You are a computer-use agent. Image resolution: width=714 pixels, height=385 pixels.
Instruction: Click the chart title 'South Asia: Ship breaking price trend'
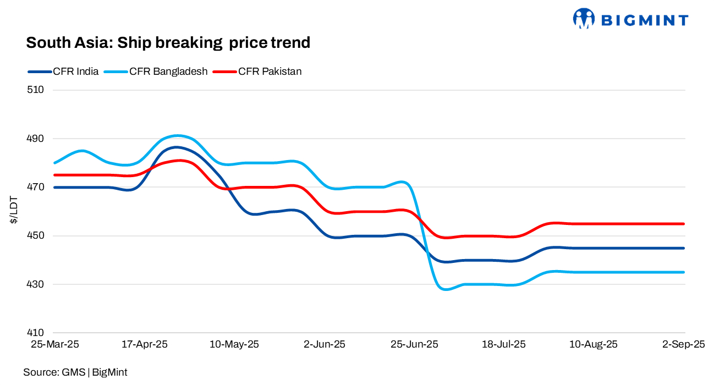click(168, 43)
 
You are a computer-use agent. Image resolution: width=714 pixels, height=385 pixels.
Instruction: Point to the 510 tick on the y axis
click(35, 90)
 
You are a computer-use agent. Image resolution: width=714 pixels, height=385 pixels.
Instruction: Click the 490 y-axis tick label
click(35, 139)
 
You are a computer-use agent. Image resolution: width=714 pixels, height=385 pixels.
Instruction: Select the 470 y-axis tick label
click(35, 188)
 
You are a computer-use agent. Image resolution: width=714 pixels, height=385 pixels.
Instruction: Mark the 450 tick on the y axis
click(35, 236)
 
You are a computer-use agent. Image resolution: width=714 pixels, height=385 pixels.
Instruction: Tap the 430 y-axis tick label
click(35, 285)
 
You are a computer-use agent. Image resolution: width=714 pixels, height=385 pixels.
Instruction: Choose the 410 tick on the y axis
click(35, 333)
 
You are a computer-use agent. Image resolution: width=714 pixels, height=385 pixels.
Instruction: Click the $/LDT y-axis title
click(13, 212)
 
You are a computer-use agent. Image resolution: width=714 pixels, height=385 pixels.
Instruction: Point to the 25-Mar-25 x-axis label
click(54, 345)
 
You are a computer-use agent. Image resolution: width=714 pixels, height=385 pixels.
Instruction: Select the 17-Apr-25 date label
click(144, 345)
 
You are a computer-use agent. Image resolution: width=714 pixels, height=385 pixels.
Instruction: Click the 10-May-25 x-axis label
click(234, 345)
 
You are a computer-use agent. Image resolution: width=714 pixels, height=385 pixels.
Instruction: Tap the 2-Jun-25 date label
click(325, 345)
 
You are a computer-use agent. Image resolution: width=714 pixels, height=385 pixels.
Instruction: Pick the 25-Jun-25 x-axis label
click(414, 345)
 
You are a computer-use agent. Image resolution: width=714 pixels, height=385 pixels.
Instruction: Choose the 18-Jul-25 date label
click(504, 345)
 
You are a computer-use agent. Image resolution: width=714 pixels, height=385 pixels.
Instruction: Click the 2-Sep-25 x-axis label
click(683, 345)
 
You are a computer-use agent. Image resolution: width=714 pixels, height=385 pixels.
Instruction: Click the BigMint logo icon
click(584, 19)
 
